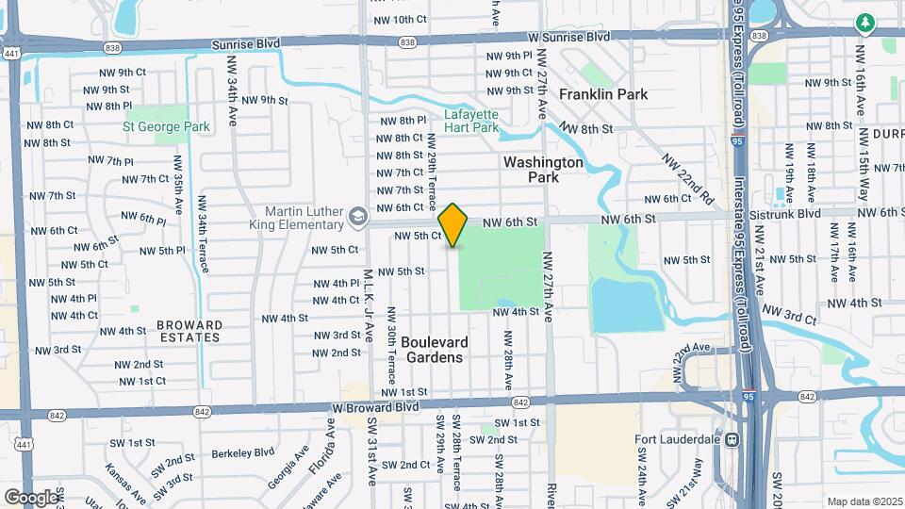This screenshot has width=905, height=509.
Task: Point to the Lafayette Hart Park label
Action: (470, 122)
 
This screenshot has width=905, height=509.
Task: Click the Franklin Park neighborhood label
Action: (603, 95)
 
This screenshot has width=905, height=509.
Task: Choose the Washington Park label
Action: (543, 169)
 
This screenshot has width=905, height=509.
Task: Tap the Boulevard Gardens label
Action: (435, 350)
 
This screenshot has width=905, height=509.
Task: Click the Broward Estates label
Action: (190, 331)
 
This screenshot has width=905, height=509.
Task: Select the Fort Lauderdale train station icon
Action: (731, 439)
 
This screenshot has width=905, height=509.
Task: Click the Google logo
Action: (31, 497)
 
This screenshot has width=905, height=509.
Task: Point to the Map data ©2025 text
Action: (863, 501)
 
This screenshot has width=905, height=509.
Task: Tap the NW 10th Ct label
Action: (401, 20)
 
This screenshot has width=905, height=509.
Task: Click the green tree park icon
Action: (864, 22)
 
